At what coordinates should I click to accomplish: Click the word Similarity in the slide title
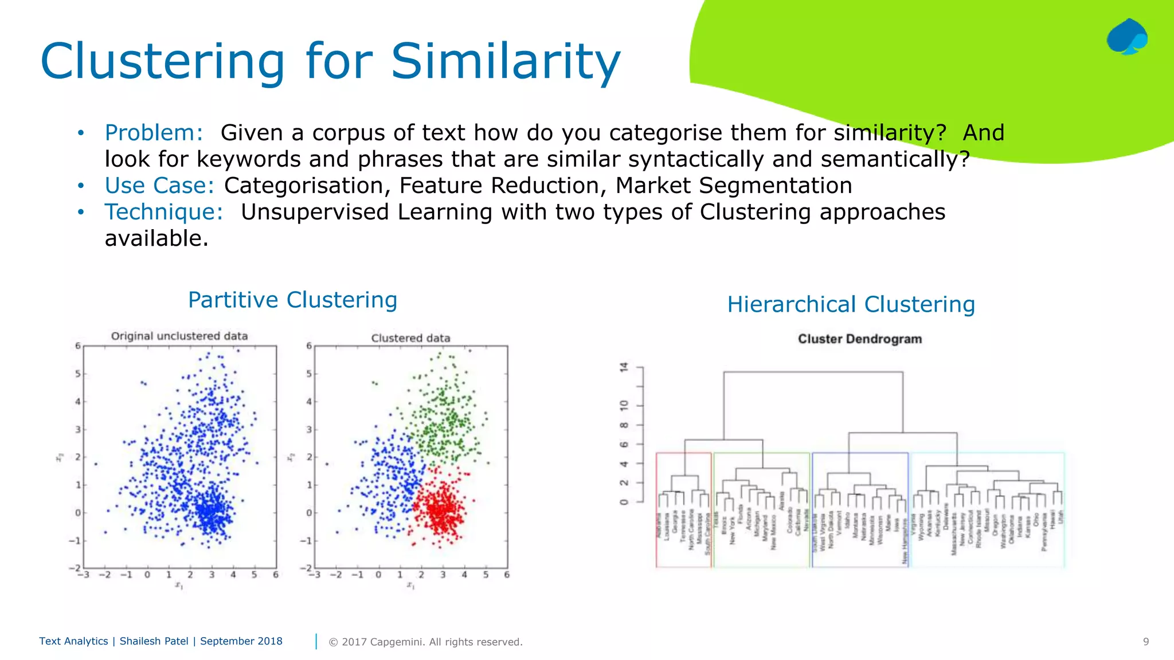[506, 62]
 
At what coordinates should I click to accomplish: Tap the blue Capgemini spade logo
[1126, 37]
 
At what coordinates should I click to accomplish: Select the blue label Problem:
[154, 133]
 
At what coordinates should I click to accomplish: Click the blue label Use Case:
[159, 186]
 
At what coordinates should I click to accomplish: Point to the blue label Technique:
[163, 212]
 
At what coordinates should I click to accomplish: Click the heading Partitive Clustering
[292, 300]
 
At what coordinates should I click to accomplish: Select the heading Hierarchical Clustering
[851, 304]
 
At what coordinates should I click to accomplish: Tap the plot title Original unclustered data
[179, 336]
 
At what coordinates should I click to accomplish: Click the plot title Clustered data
[410, 338]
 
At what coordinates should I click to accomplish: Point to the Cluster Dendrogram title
[859, 339]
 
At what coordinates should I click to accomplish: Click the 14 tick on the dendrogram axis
[624, 367]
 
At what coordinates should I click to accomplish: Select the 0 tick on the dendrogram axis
[624, 502]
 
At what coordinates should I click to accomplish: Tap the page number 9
[1145, 642]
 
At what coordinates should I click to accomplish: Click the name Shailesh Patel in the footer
[154, 641]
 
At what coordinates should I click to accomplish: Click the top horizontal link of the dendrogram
[813, 372]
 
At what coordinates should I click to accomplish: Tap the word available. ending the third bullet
[156, 238]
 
